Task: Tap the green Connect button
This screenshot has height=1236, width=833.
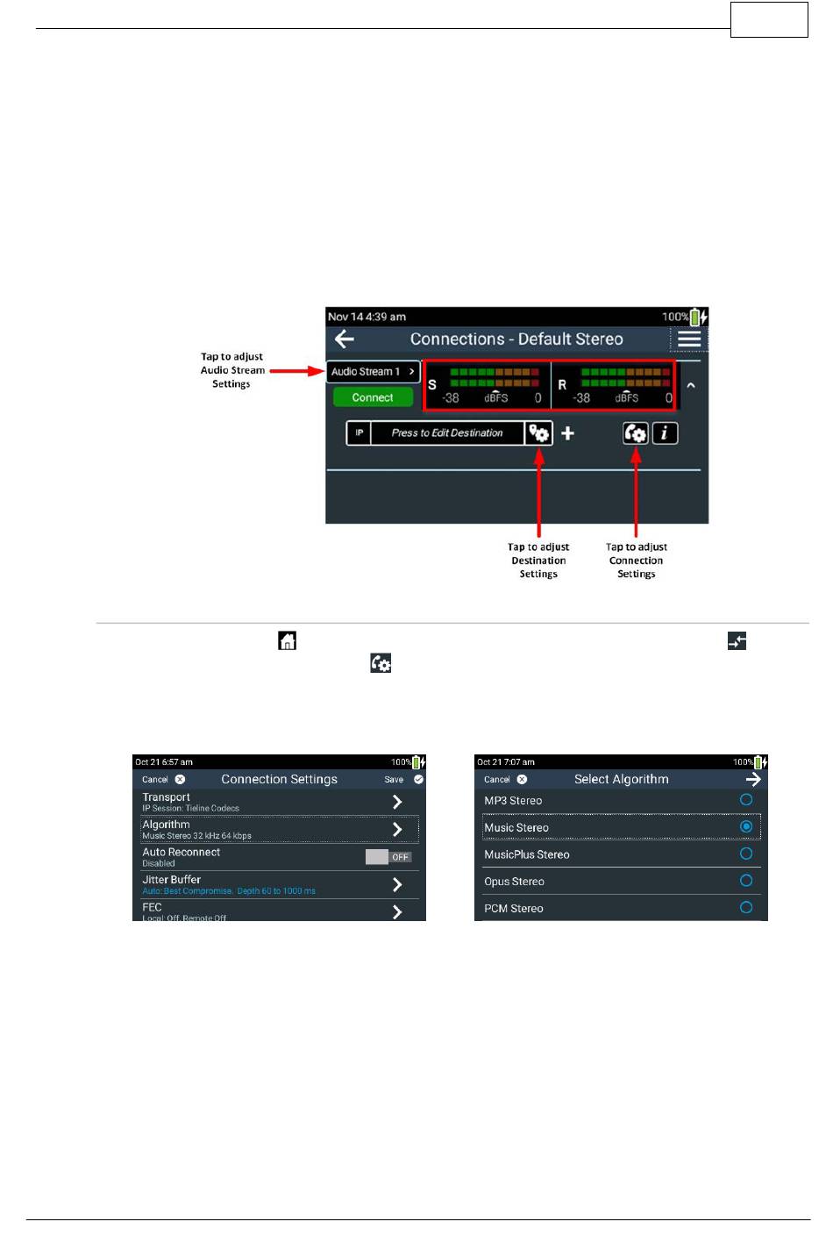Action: point(373,397)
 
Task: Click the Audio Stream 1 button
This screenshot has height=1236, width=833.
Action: point(373,371)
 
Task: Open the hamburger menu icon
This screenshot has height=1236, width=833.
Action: point(689,339)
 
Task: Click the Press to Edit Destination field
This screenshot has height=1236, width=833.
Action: point(447,433)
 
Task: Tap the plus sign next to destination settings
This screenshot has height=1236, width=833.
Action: point(568,433)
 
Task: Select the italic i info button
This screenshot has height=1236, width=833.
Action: point(665,433)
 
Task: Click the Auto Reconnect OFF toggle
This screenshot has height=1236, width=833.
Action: point(388,857)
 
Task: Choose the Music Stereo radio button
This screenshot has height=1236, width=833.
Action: point(746,826)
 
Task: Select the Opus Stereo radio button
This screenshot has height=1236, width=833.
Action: point(746,881)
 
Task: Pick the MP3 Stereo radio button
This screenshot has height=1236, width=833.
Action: point(746,800)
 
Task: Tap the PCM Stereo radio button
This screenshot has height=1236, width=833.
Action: point(746,907)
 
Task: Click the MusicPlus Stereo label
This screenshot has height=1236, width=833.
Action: point(527,854)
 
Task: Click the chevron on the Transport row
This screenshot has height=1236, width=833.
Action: point(397,802)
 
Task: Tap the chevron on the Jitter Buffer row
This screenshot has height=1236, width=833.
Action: point(397,884)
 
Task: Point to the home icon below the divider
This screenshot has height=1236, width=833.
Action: point(287,640)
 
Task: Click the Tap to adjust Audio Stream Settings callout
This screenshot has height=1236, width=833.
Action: point(231,370)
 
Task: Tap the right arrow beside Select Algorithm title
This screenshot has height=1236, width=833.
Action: point(753,779)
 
